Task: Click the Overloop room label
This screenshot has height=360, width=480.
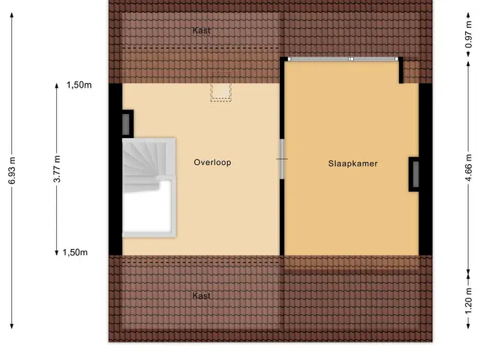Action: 212,162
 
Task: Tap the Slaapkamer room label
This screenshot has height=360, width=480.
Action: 352,163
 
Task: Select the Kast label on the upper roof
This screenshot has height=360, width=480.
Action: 202,31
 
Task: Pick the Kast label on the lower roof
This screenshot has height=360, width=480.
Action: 202,295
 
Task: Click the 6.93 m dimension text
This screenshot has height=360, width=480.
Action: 12,170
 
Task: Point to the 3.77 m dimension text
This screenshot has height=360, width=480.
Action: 57,169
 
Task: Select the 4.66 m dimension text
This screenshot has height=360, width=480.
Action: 468,167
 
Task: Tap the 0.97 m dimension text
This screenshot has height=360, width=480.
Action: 468,35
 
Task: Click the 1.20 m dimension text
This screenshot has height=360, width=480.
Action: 468,301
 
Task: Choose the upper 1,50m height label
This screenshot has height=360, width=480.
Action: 79,85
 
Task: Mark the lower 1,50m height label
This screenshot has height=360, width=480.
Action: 75,252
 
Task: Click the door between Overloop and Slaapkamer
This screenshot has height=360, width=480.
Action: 282,159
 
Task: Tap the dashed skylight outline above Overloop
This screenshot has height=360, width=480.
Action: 220,88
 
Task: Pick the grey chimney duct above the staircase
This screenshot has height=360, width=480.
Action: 126,124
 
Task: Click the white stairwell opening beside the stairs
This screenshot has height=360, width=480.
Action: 147,207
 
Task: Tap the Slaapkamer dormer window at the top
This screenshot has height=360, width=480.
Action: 343,58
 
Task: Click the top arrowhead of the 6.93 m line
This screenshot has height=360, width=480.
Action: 12,15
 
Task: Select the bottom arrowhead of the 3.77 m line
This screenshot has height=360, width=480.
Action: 57,253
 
